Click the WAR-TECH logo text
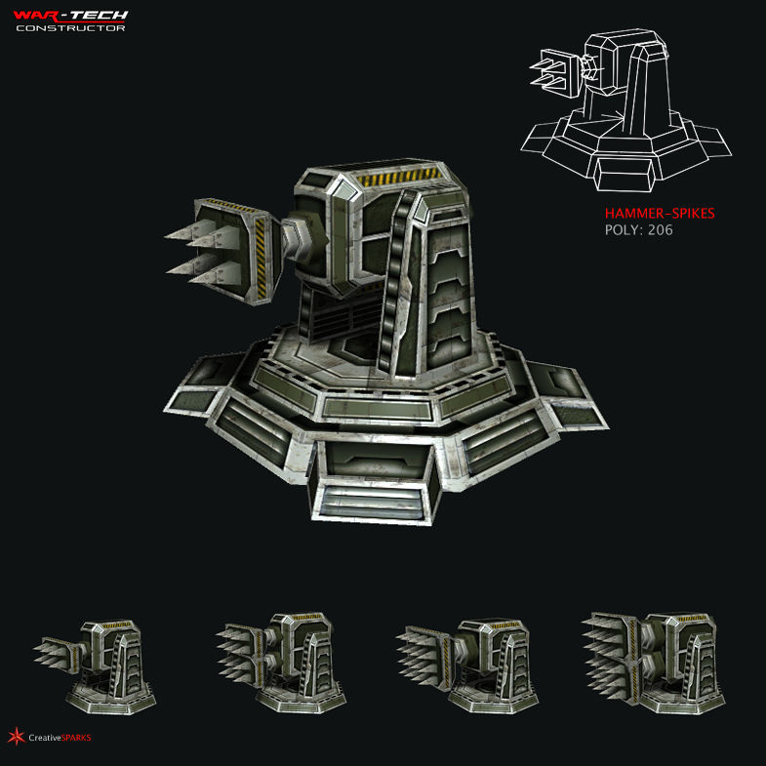[x=70, y=15]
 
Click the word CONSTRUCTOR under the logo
[x=70, y=28]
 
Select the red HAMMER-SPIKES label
[x=651, y=213]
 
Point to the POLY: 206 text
[x=638, y=230]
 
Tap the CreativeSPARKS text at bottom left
[x=60, y=738]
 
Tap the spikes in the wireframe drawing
[x=549, y=72]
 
